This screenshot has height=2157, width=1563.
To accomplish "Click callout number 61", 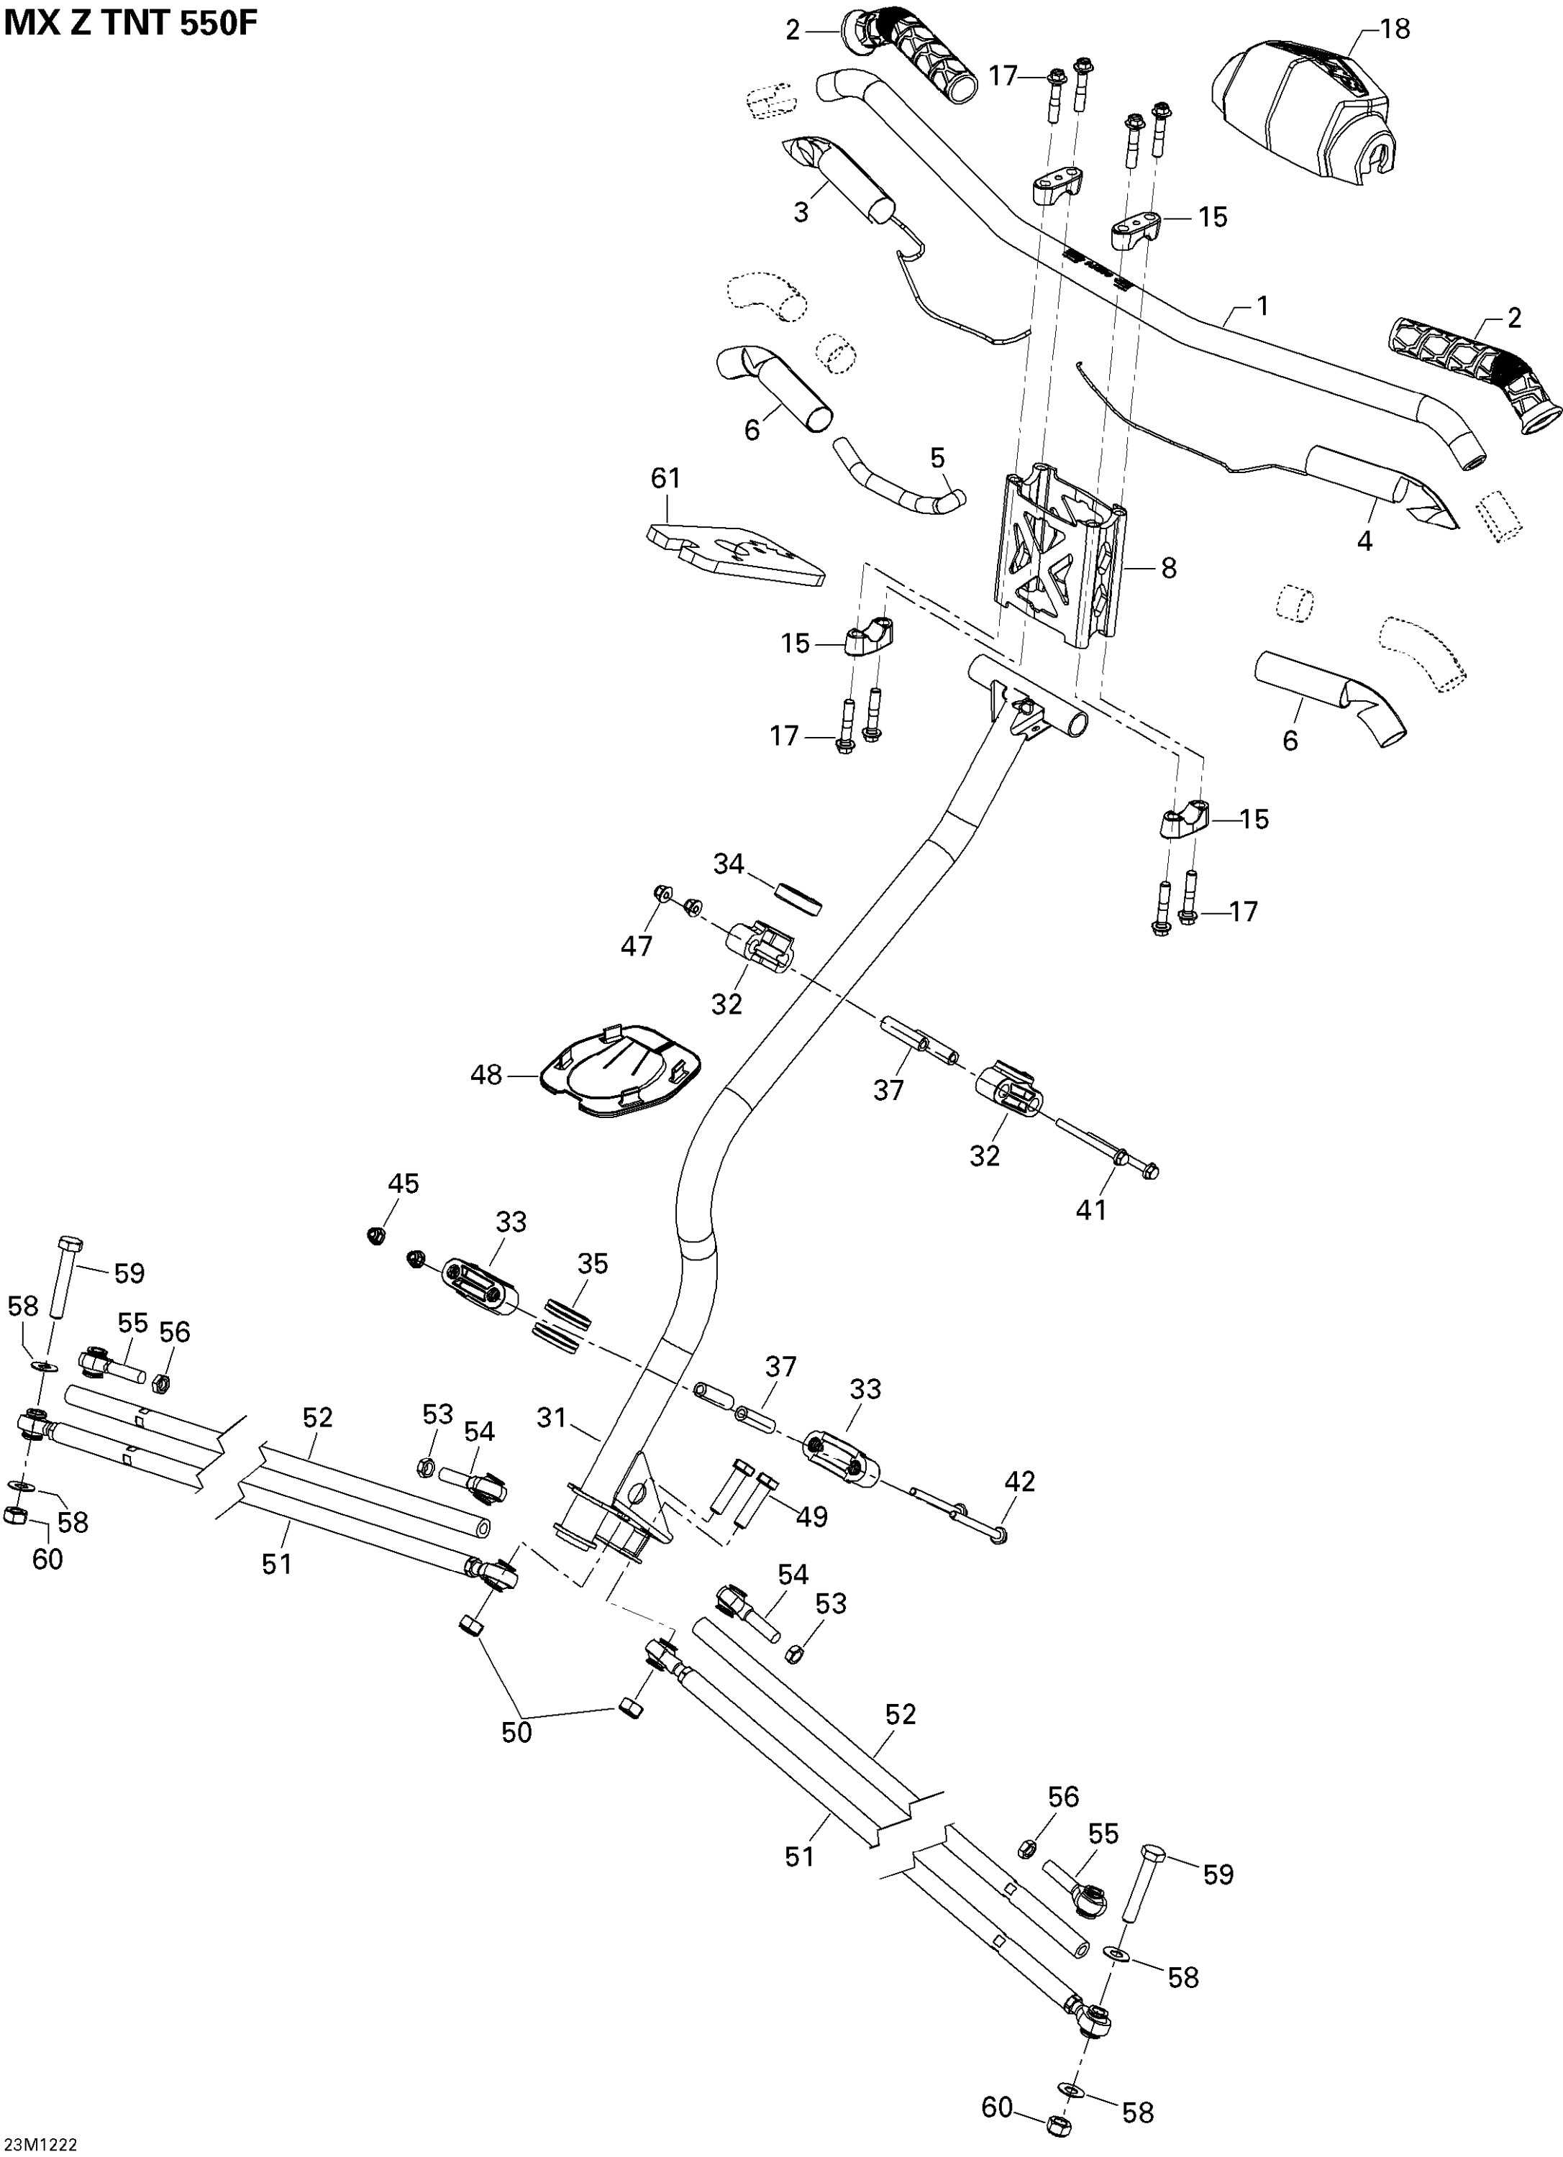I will pos(666,477).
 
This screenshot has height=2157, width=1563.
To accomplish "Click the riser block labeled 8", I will pos(1061,551).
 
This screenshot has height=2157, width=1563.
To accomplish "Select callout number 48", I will pos(486,1076).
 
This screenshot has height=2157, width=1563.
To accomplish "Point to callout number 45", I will pos(404,1183).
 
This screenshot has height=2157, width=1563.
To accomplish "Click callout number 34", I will pos(729,864).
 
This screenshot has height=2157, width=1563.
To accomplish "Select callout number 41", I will pos(1091,1210).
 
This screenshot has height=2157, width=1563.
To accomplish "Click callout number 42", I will pos(1020,1481).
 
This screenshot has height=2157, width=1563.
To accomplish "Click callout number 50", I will pos(516,1732).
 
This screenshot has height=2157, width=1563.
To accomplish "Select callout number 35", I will pos(593,1263).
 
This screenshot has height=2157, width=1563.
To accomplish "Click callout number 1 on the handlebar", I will pos(1262,306).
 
